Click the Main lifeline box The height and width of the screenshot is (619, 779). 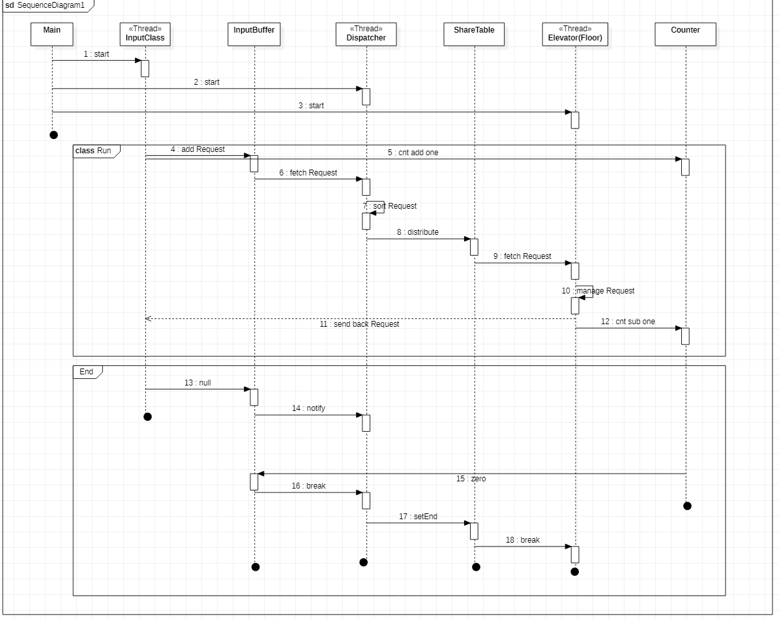pos(51,34)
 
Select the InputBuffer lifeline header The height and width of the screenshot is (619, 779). pos(254,34)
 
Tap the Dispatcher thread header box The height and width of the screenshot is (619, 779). pos(366,34)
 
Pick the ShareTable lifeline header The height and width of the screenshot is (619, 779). pos(474,34)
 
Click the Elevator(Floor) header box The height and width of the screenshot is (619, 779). pos(575,34)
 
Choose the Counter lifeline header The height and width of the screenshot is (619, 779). pos(685,34)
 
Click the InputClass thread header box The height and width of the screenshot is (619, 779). pos(145,34)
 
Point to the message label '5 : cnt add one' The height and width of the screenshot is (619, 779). pos(413,153)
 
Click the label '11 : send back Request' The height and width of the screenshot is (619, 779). pos(359,324)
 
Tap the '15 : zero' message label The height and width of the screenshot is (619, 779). pos(471,479)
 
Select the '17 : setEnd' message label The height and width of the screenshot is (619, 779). pos(418,517)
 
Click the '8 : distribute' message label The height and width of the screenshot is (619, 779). pos(417,232)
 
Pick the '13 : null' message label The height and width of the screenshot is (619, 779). pos(198,383)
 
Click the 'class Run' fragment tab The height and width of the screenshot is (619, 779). pos(94,151)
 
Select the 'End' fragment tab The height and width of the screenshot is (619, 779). pos(87,372)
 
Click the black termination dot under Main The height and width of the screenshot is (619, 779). pos(53,135)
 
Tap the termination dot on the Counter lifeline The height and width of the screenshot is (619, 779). pos(687,506)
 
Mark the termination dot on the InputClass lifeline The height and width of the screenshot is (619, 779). pos(147,417)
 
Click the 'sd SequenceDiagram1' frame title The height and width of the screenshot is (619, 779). pos(46,5)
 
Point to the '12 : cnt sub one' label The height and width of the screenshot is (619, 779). pos(628,322)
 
